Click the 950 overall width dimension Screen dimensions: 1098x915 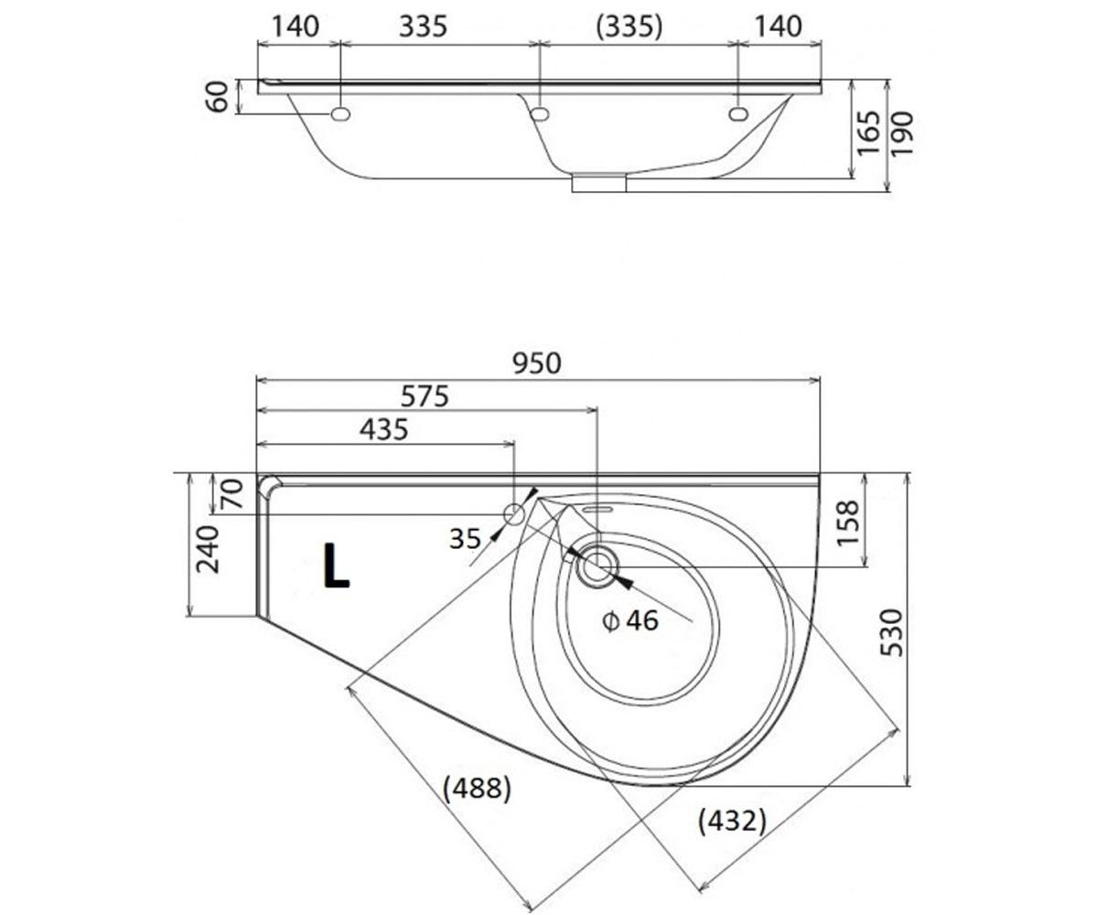pos(537,363)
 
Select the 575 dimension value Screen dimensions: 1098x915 pos(425,396)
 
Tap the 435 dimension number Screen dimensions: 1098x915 pos(384,430)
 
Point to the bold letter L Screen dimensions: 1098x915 pos(336,565)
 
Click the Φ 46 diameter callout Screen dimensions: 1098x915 pos(630,621)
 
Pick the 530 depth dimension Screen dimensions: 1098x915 pos(892,632)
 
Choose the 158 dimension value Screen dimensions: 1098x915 pos(847,523)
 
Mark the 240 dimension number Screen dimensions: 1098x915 pos(207,550)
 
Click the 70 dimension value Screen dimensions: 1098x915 pos(231,494)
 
